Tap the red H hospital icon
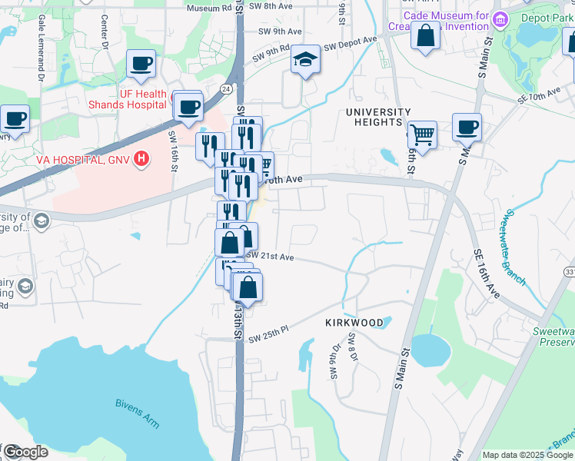[x=141, y=159]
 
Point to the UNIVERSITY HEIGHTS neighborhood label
[x=374, y=117]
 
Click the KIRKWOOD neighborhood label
[x=354, y=323]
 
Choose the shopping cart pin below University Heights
[x=421, y=135]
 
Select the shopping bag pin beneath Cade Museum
[x=425, y=35]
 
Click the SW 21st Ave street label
[x=271, y=256]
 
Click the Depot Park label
[x=547, y=18]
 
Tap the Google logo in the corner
[x=25, y=452]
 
